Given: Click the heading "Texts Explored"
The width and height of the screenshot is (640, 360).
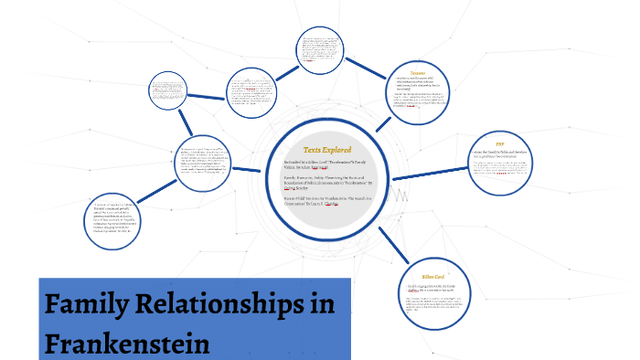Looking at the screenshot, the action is pos(327,149).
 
